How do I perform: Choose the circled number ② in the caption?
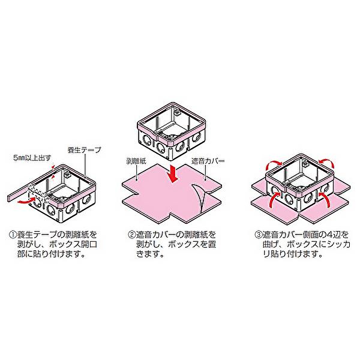tap(132, 235)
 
